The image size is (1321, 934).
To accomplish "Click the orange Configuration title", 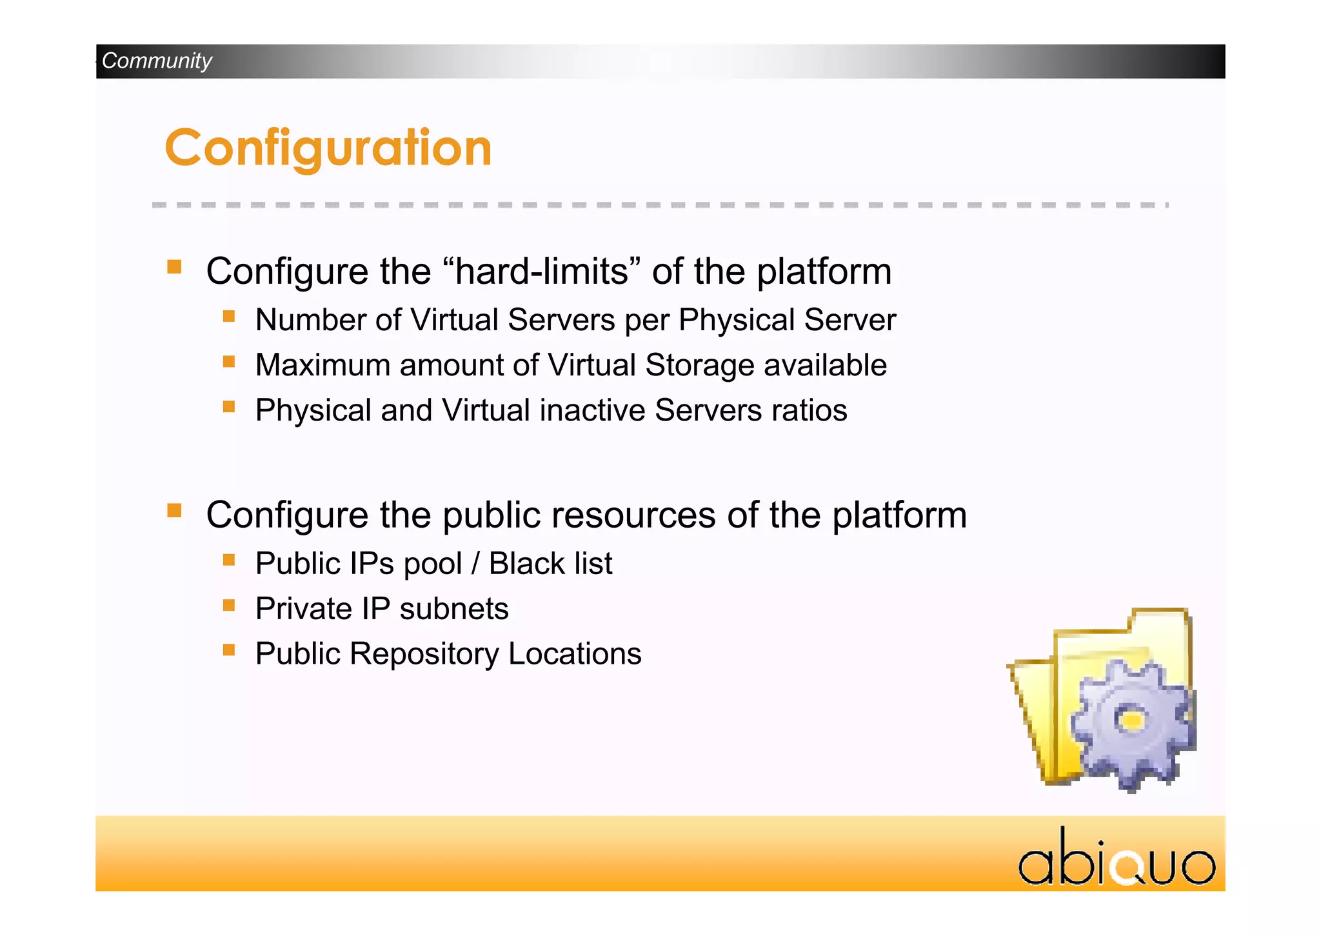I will click(x=328, y=148).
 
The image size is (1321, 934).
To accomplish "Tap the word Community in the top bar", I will click(x=157, y=61).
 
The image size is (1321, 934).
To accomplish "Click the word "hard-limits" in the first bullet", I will click(x=542, y=271).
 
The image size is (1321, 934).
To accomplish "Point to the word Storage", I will click(x=699, y=365).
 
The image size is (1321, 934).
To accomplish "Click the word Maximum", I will click(x=323, y=365).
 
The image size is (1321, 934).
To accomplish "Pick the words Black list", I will click(x=550, y=563).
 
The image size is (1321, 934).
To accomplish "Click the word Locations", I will click(x=575, y=654).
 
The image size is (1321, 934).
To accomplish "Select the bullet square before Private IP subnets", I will click(x=229, y=605).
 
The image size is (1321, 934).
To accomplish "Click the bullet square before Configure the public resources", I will click(x=174, y=510).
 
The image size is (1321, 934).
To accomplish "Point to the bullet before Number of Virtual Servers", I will click(x=229, y=316).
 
